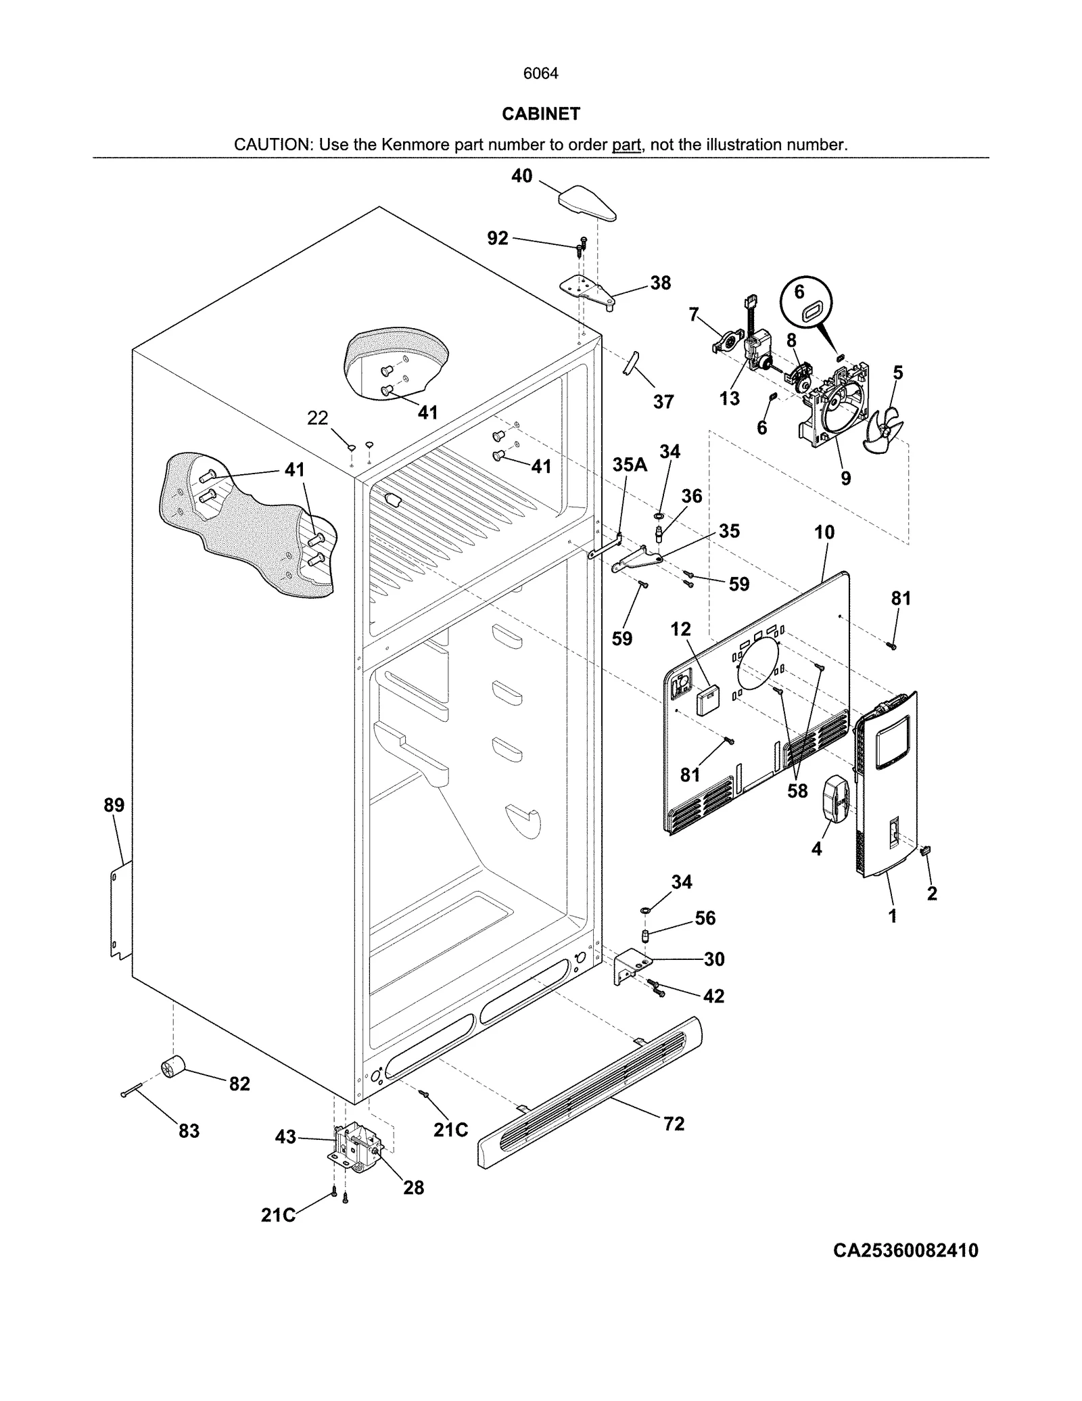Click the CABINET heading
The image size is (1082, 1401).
point(540,114)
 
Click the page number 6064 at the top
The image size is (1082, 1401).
point(540,73)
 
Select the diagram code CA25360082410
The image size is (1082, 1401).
point(905,1251)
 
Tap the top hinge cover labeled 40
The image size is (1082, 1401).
point(586,204)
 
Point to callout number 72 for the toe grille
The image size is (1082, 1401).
point(674,1124)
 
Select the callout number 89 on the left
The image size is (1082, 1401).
point(114,805)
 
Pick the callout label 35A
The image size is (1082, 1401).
point(629,464)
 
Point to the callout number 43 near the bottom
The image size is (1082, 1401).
point(285,1137)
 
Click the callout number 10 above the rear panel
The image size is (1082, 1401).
point(824,532)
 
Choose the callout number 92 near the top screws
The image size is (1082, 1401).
point(498,238)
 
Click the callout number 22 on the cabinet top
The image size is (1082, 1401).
point(317,418)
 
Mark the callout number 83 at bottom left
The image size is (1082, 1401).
point(189,1130)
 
